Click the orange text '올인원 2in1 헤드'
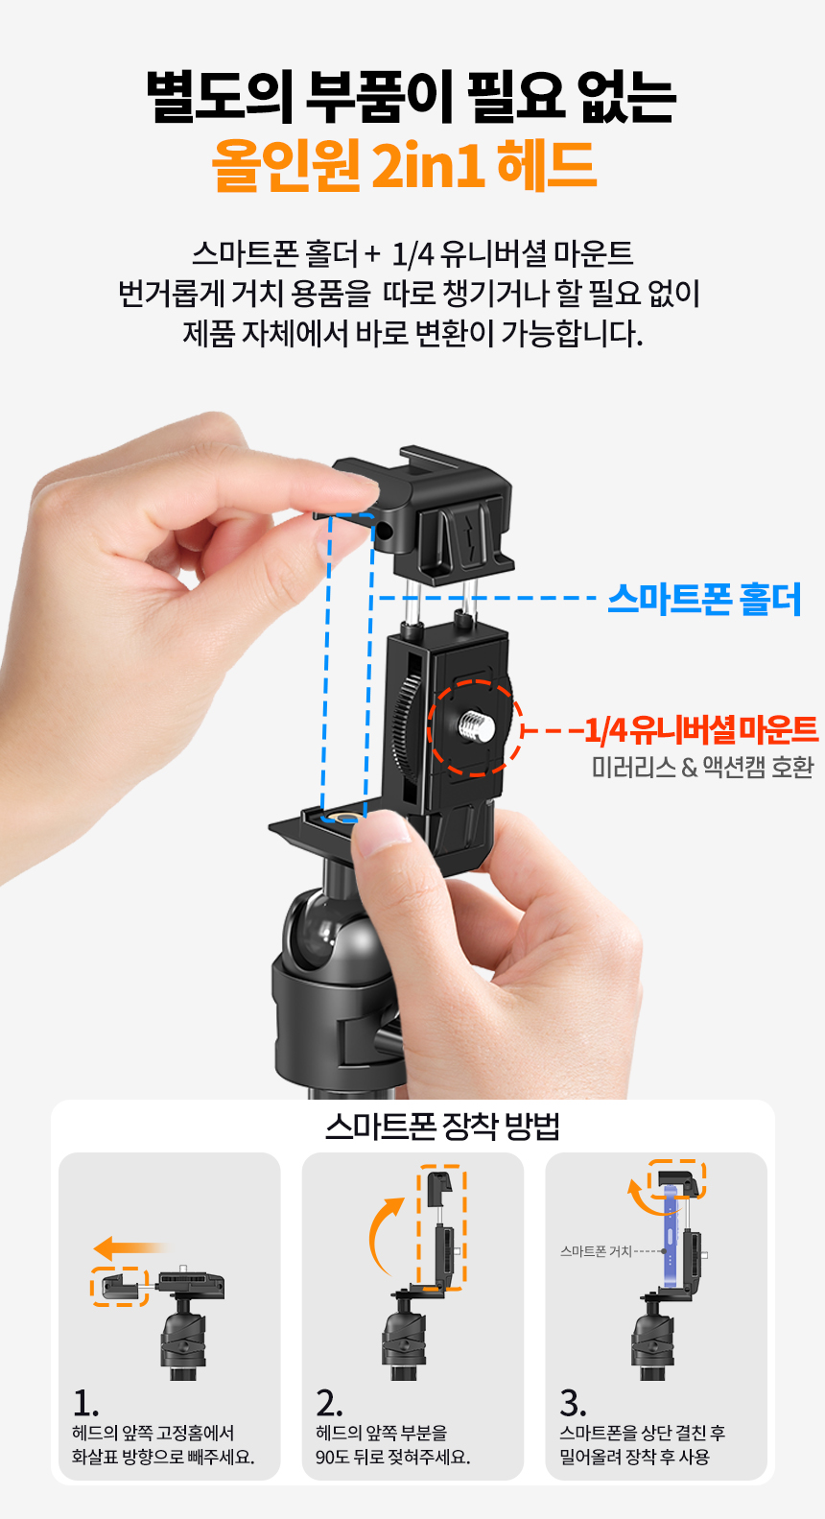click(x=404, y=165)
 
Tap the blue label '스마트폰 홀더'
click(x=704, y=599)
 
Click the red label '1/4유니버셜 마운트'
click(x=701, y=729)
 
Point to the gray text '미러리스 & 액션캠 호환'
click(x=702, y=767)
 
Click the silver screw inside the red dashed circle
click(x=477, y=726)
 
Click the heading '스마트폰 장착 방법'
click(x=442, y=1127)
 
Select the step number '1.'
click(x=85, y=1403)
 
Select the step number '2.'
click(x=329, y=1403)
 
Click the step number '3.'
click(x=573, y=1403)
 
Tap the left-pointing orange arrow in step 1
click(x=129, y=1247)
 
